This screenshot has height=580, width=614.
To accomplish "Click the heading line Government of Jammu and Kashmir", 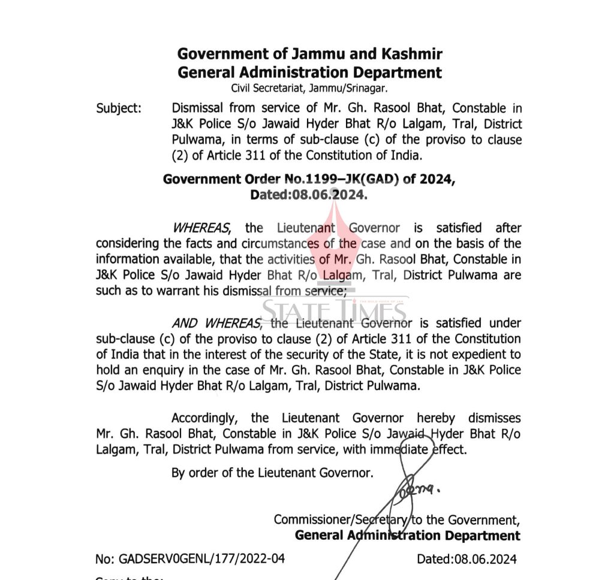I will coord(309,54).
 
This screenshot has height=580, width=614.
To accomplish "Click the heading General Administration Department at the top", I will coord(309,73).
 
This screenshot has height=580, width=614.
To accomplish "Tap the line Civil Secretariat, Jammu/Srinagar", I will coord(309,89).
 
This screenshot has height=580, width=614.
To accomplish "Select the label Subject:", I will coord(119,108).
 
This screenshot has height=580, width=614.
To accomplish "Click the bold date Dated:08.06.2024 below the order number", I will coord(309,195).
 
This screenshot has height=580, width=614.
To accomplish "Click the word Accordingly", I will coord(207,418).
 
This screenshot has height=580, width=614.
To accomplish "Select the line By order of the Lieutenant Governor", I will coord(272,473).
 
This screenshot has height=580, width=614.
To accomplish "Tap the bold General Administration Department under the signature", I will coord(408,536).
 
